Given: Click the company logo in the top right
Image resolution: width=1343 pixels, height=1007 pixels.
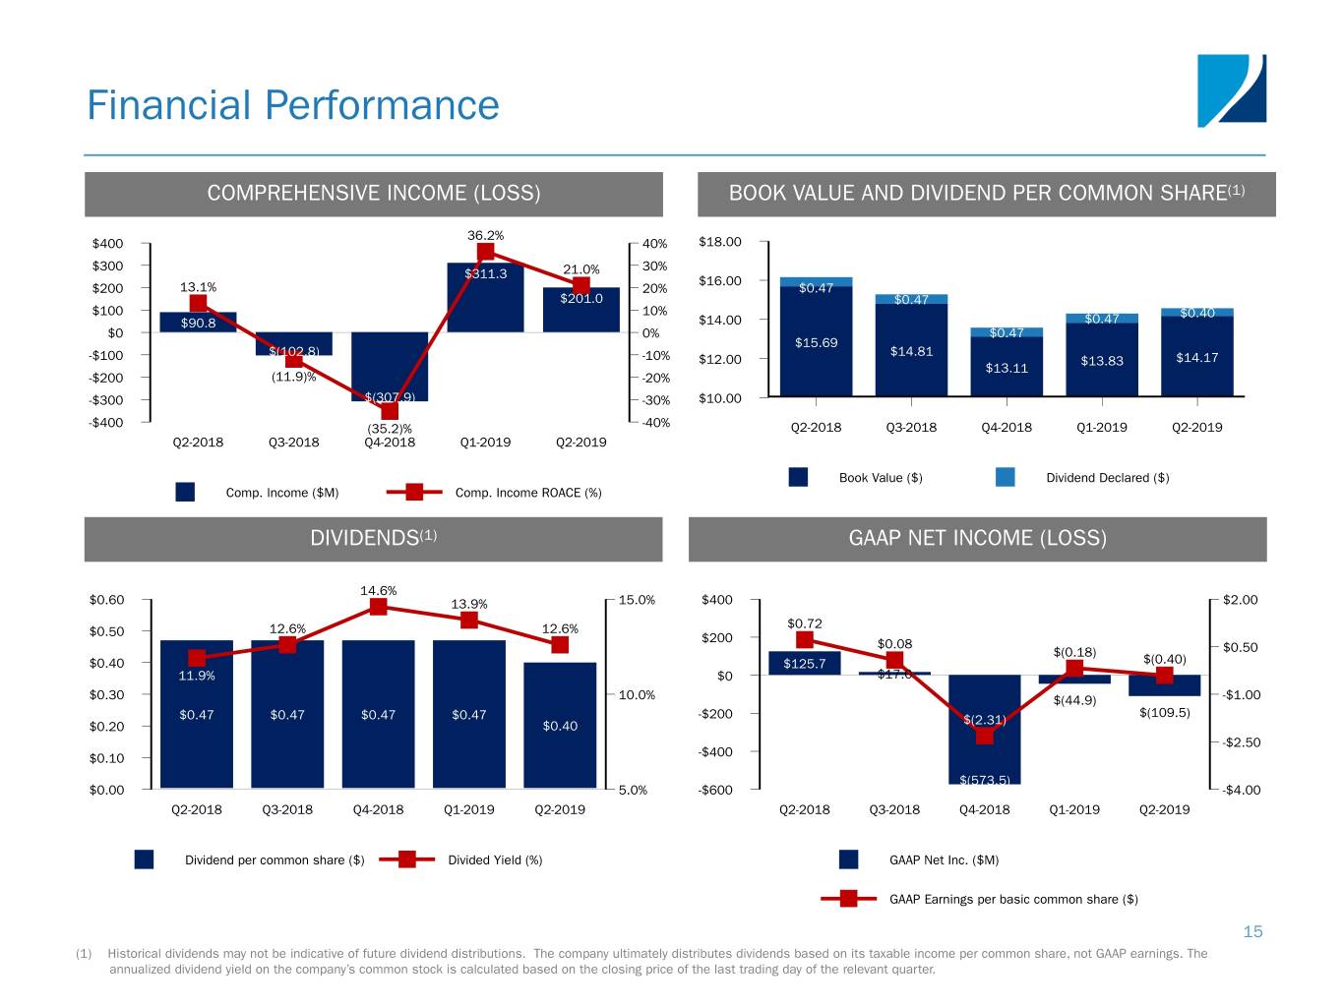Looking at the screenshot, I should [x=1231, y=90].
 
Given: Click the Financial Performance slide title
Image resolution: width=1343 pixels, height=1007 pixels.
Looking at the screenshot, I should [x=293, y=105].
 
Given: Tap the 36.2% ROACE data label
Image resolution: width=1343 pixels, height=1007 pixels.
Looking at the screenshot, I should [x=485, y=235].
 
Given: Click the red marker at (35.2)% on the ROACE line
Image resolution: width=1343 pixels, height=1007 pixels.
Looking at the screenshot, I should [x=390, y=410].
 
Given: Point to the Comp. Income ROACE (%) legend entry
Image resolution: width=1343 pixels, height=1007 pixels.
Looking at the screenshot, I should [x=527, y=493].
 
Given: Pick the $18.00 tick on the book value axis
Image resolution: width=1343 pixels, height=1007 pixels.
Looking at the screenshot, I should [x=719, y=242].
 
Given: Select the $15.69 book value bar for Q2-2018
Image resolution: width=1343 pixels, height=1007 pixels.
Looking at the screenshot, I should [x=816, y=342].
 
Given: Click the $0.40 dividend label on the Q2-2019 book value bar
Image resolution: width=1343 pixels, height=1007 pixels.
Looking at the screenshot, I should [x=1197, y=313].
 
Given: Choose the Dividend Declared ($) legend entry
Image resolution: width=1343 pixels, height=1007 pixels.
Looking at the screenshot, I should [x=1107, y=478].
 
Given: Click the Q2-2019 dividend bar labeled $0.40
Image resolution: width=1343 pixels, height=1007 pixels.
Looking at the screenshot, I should [x=560, y=726].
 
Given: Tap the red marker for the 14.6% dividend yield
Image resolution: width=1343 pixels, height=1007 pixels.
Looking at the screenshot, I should [x=379, y=607].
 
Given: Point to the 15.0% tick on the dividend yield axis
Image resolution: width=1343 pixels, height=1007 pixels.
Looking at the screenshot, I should [x=637, y=600].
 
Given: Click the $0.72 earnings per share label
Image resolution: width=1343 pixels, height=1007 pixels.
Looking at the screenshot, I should [x=805, y=623].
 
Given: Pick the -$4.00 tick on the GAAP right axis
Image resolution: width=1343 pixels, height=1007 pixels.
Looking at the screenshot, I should [x=1241, y=790].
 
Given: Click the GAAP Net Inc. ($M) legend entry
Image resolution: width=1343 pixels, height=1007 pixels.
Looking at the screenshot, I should [x=943, y=860].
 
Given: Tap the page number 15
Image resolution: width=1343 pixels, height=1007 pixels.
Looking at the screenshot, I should [x=1252, y=931].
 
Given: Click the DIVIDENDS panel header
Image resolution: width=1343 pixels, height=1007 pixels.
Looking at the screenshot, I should [x=373, y=538].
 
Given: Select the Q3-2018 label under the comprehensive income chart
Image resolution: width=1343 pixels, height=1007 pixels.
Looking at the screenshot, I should [x=294, y=443].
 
